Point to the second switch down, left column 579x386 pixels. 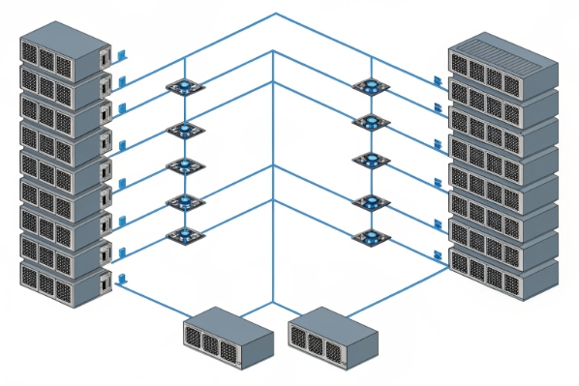click(x=181, y=130)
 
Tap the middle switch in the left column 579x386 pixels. click(x=181, y=165)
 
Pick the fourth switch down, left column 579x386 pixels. click(x=181, y=201)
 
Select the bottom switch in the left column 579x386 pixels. click(x=181, y=234)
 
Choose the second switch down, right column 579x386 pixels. click(x=368, y=122)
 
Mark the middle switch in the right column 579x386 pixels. click(x=368, y=160)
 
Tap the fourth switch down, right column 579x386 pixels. click(x=368, y=201)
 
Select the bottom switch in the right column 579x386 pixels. click(x=368, y=235)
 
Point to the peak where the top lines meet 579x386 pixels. click(x=276, y=14)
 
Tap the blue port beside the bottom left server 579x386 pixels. click(x=123, y=281)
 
